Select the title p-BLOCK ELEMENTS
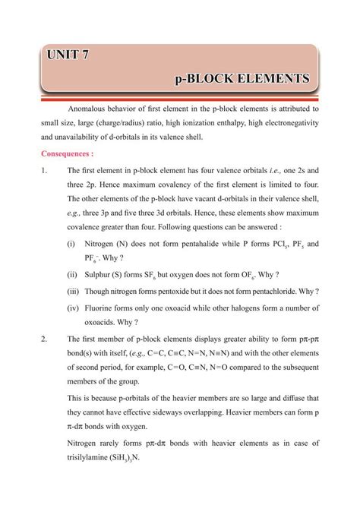point(242,78)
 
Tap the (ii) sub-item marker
point(72,274)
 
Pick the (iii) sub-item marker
point(74,291)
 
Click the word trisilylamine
point(91,458)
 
